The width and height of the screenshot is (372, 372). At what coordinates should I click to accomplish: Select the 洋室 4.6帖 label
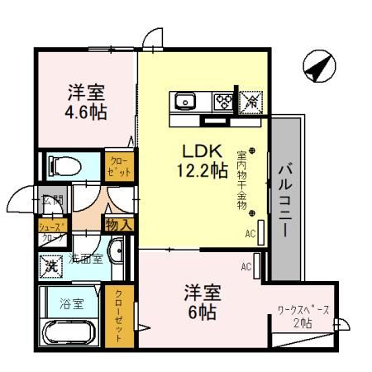click(87, 99)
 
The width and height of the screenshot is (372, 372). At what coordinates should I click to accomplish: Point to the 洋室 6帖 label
click(200, 302)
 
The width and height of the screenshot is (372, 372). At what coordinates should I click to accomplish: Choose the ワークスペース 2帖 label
click(303, 316)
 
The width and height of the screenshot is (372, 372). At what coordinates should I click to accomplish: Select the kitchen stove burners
click(222, 103)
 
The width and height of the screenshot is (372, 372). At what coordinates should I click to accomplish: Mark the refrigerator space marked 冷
click(249, 101)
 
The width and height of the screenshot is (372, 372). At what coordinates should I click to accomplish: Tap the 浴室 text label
click(70, 303)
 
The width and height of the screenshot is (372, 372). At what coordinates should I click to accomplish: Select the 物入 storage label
click(117, 223)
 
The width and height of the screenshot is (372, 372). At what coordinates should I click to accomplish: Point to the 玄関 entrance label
click(53, 201)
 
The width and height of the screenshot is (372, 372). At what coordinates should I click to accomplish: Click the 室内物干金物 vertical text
click(241, 178)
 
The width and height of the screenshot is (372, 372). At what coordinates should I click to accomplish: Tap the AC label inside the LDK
click(250, 234)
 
